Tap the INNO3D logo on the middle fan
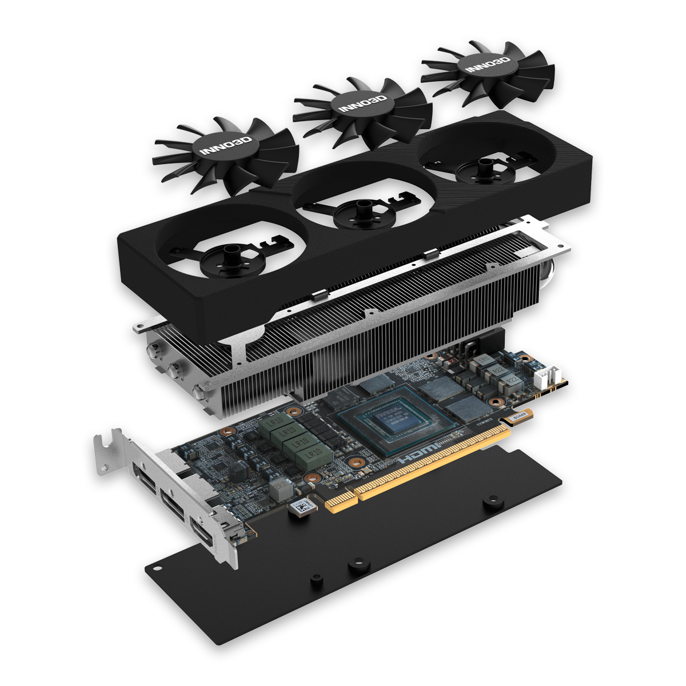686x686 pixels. click(362, 104)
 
